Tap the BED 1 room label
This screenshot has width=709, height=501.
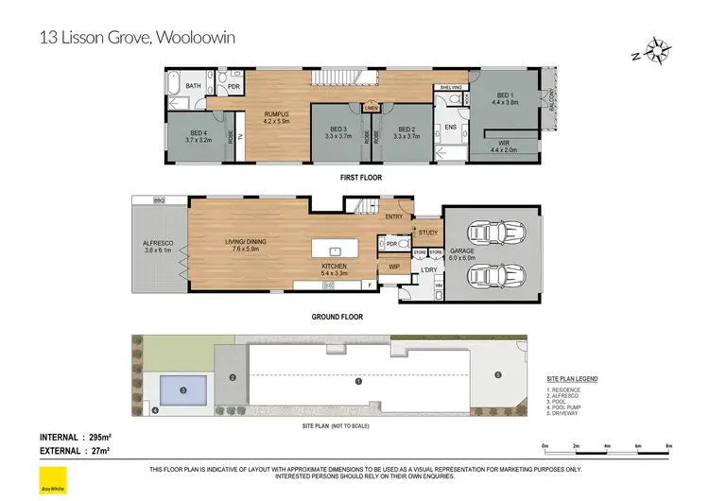point(508,97)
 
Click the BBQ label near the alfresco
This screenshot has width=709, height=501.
point(159,200)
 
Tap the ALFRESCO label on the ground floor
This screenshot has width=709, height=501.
point(158,243)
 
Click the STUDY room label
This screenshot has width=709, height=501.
point(427,232)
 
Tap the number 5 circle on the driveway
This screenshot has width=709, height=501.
point(498,375)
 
